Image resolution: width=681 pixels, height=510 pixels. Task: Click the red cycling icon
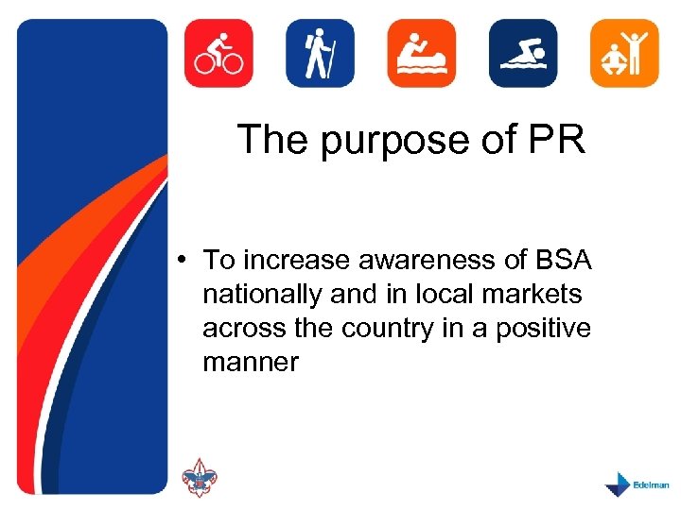(218, 53)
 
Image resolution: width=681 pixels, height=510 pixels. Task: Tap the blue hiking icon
(320, 53)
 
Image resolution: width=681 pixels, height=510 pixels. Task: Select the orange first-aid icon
(421, 53)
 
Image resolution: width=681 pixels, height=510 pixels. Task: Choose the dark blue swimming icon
(523, 53)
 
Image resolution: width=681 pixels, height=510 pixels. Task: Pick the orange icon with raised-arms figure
(624, 53)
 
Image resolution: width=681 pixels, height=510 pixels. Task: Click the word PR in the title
(558, 140)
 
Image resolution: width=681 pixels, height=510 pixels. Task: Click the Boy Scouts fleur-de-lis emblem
(199, 478)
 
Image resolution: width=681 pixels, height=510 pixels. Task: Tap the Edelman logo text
(650, 482)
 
